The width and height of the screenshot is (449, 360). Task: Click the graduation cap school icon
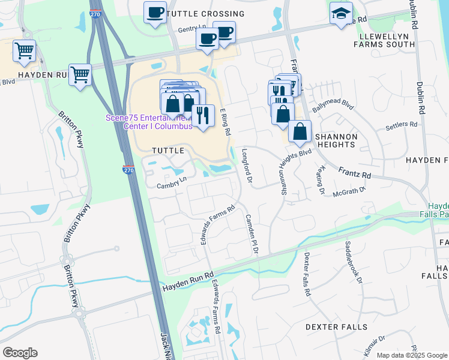click(x=341, y=13)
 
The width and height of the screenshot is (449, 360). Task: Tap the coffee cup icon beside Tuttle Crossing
click(x=155, y=12)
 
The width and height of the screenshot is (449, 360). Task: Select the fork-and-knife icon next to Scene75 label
click(x=203, y=115)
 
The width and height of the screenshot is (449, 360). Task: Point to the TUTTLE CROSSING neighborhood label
click(x=197, y=14)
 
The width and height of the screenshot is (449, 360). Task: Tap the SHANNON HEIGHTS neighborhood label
click(x=337, y=140)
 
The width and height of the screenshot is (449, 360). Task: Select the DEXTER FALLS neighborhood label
click(x=335, y=327)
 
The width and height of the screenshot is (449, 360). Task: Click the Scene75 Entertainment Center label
click(x=148, y=122)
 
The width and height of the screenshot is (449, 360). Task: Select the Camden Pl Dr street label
click(x=251, y=234)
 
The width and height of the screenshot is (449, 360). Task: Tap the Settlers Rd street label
click(x=401, y=125)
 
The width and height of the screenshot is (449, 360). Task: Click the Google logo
click(x=20, y=352)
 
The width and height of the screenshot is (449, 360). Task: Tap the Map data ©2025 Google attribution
click(x=411, y=355)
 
